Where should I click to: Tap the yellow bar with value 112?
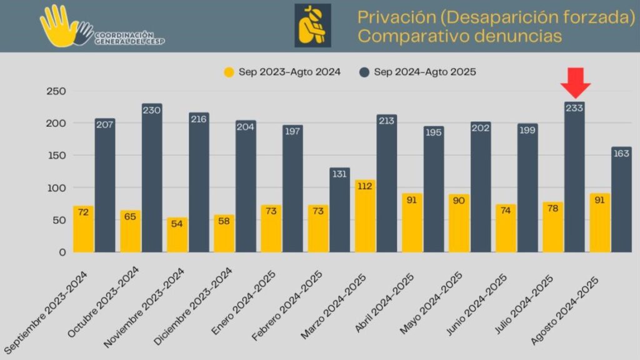tap(365, 216)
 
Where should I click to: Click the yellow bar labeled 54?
tap(177, 235)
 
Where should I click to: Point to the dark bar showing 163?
tap(621, 200)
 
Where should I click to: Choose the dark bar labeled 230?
tap(152, 178)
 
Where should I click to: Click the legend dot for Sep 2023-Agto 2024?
tap(229, 72)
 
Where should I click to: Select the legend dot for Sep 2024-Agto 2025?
tap(364, 72)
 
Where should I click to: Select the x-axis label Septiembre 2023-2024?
tap(47, 309)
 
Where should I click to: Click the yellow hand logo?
tap(59, 26)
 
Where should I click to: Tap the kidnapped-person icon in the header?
tap(312, 26)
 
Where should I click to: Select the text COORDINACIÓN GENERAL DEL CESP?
tap(129, 38)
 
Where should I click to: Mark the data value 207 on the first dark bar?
tap(105, 125)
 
